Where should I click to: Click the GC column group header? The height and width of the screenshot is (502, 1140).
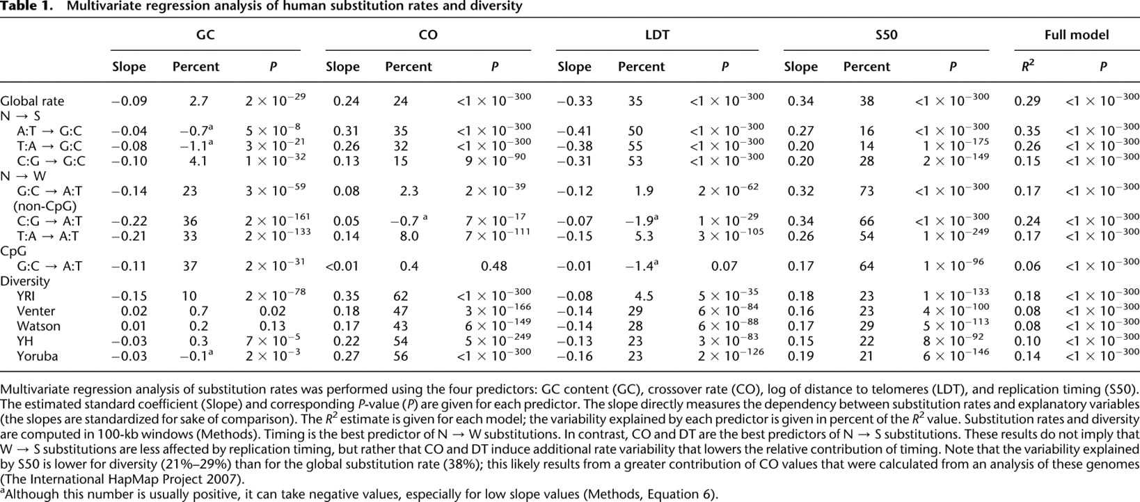[x=205, y=35]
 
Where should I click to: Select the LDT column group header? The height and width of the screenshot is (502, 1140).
[x=657, y=35]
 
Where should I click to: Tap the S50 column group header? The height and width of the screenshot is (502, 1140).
[x=886, y=35]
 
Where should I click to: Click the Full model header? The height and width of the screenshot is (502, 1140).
[x=1077, y=35]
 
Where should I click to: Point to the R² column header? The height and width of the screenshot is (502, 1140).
[x=1028, y=65]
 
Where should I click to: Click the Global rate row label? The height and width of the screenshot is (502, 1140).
[x=32, y=101]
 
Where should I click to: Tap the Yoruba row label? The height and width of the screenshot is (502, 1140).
[x=37, y=356]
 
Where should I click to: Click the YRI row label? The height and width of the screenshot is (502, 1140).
[x=26, y=296]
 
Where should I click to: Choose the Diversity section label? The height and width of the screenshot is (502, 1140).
[x=25, y=281]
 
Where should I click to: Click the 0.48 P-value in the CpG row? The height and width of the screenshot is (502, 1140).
[x=494, y=266]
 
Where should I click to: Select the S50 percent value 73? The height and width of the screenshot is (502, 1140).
[x=866, y=191]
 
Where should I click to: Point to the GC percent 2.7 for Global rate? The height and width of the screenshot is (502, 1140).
[x=198, y=101]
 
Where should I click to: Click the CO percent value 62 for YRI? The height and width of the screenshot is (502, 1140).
[x=400, y=296]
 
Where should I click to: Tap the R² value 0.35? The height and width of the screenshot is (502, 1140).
[x=1027, y=131]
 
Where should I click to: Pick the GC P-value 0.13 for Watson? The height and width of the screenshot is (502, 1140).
[x=273, y=326]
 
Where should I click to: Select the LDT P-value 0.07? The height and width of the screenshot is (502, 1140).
[x=725, y=266]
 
